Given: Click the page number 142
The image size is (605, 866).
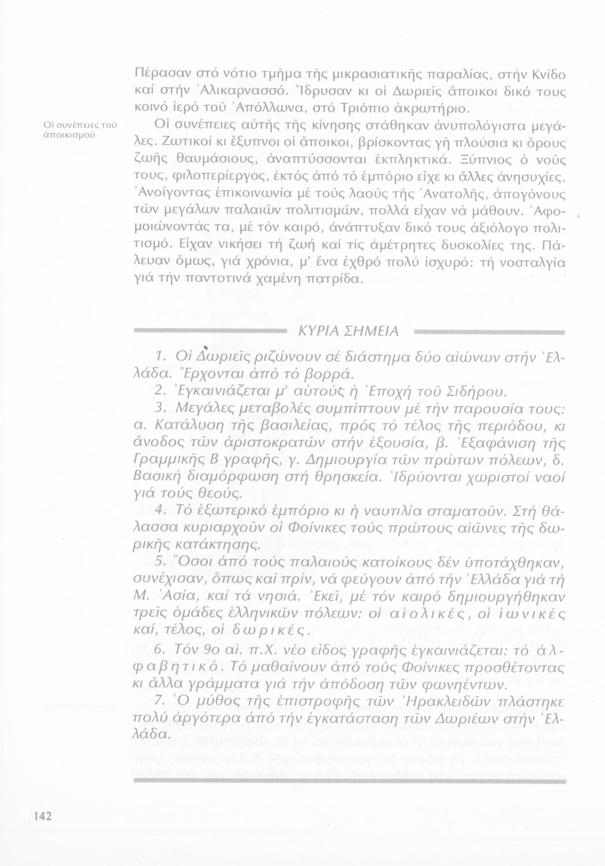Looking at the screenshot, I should (43, 816).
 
